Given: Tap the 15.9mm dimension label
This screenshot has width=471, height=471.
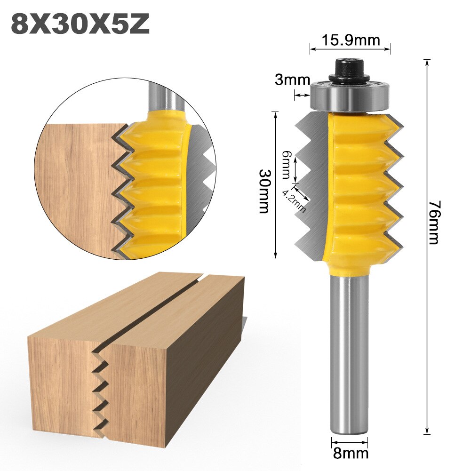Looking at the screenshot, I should coord(351,40).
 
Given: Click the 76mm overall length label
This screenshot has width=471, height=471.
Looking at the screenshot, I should coord(433,222).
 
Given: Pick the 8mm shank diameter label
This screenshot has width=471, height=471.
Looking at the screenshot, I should coord(351,454).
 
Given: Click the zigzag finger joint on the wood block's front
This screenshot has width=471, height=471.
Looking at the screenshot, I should coord(101,391).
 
